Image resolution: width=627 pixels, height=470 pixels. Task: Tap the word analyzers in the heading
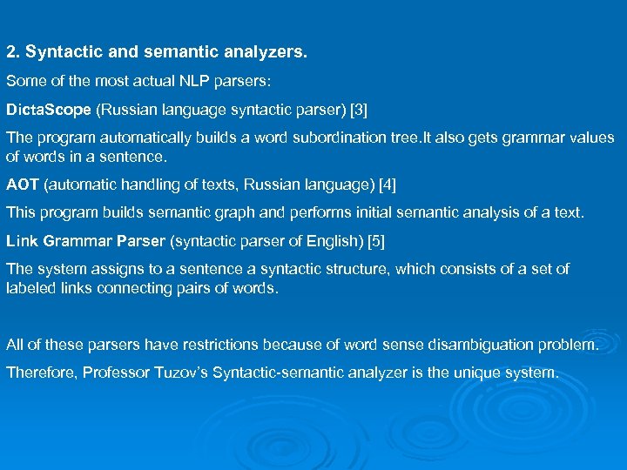coord(266,53)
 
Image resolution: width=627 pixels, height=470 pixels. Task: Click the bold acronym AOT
coord(23,184)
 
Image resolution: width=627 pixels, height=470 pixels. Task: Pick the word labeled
coord(31,288)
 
